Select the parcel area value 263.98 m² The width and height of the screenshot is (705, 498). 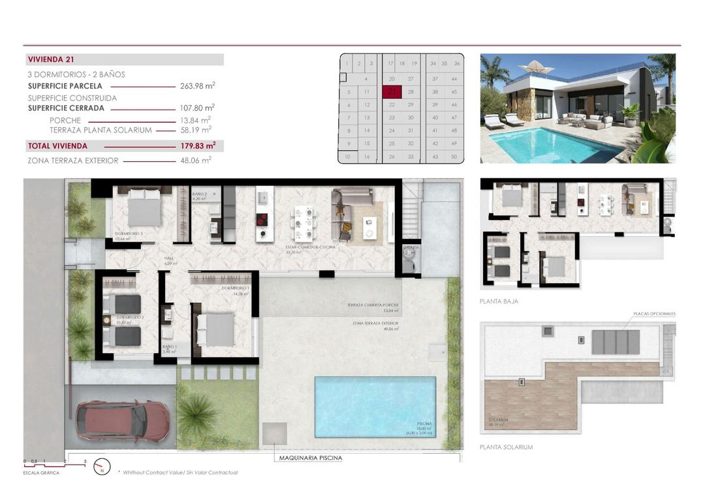tap(197, 86)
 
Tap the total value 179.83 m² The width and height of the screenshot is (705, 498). tap(197, 146)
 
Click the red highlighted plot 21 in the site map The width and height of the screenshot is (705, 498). tap(391, 92)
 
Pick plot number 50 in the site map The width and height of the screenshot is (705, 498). tap(454, 157)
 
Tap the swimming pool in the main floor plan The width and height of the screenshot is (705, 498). tap(375, 406)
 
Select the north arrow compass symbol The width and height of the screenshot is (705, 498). tap(102, 467)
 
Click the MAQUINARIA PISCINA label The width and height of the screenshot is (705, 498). tap(310, 458)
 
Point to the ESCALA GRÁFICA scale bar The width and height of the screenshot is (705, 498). tap(55, 465)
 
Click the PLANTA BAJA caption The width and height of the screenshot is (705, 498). tap(499, 302)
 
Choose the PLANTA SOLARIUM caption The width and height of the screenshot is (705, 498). tap(506, 447)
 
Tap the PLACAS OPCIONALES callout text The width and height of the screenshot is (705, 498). tap(653, 314)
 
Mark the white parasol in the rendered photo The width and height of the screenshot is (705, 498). tap(539, 67)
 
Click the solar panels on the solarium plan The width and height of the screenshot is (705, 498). tap(616, 341)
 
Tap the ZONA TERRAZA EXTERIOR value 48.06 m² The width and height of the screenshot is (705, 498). tap(197, 160)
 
